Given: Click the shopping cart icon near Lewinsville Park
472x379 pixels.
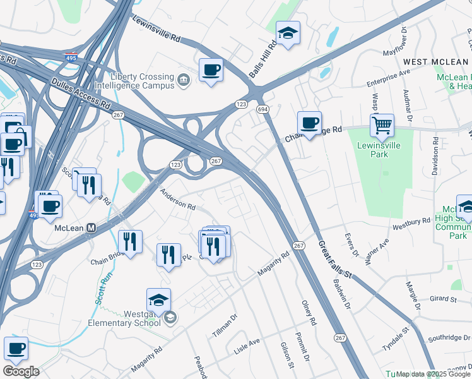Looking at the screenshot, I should pos(382,126).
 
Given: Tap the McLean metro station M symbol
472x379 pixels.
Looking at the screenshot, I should pos(91,227).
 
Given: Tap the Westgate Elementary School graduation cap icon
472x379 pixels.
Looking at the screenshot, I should pos(159,300).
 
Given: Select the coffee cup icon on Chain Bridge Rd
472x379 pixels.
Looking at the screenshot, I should pos(309,123).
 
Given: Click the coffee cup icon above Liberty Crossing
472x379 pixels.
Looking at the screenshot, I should pos(211,69).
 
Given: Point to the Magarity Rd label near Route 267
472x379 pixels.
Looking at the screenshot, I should pos(273,264).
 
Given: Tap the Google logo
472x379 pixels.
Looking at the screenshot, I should pos(21,371).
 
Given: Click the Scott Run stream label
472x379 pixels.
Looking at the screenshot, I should pos(104,288).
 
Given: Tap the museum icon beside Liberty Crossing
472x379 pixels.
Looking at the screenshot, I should pos(183,80).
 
